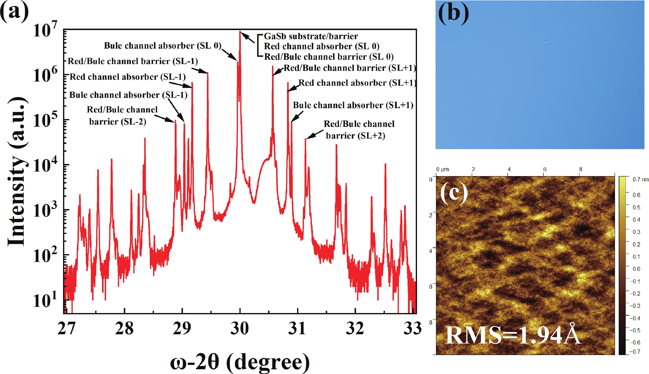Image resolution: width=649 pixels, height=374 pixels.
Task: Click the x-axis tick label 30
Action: pyautogui.click(x=240, y=328)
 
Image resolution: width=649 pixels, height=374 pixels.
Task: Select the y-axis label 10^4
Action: pyautogui.click(x=45, y=165)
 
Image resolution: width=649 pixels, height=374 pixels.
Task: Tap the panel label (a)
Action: pyautogui.click(x=14, y=12)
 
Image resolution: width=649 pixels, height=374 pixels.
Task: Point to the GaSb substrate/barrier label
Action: pyautogui.click(x=311, y=36)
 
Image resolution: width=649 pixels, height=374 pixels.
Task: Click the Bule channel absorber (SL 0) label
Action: pyautogui.click(x=163, y=46)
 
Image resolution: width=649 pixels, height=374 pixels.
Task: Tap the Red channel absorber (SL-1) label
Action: pyautogui.click(x=128, y=77)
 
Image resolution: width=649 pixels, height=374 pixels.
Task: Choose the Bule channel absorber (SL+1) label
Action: pyautogui.click(x=353, y=105)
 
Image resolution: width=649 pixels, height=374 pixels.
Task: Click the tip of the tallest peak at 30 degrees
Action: pyautogui.click(x=240, y=31)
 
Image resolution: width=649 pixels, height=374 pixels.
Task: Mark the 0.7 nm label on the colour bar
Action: pyautogui.click(x=641, y=179)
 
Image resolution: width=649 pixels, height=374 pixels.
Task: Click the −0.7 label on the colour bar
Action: pyautogui.click(x=635, y=352)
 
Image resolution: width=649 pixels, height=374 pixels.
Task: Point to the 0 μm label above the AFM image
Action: pyautogui.click(x=442, y=169)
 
